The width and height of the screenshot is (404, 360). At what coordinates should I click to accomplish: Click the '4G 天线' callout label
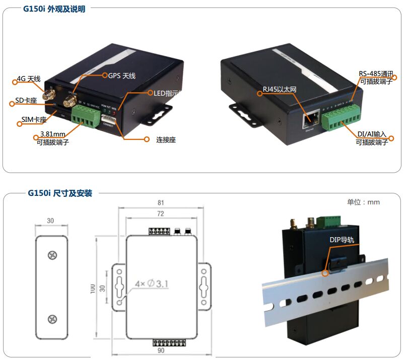(28, 79)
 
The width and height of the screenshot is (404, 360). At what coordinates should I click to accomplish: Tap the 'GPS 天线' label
(122, 76)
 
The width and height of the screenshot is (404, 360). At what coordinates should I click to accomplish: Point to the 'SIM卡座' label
(34, 120)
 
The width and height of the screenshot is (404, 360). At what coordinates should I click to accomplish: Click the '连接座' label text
(165, 139)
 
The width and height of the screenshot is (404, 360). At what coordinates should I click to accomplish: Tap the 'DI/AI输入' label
(372, 134)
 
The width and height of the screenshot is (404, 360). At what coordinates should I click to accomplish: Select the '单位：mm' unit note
(363, 202)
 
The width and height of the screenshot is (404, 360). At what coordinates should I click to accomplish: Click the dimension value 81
(161, 203)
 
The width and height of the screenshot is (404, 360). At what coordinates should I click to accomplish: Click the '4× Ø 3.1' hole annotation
(151, 285)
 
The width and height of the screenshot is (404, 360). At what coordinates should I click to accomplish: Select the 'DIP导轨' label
(342, 240)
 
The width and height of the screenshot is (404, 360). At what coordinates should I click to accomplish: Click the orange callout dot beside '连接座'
(147, 139)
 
